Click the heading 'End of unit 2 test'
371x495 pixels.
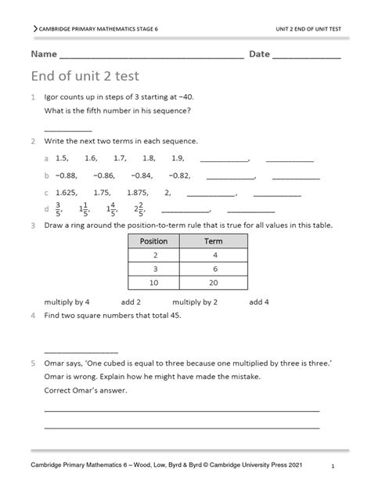[x=85, y=76]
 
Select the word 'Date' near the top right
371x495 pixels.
[x=259, y=54]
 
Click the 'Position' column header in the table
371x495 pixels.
[x=153, y=241]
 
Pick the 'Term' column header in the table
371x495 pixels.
[x=214, y=241]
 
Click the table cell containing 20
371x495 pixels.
[x=214, y=282]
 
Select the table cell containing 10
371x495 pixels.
[x=153, y=282]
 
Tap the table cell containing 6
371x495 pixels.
[x=214, y=269]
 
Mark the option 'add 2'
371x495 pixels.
[x=131, y=302]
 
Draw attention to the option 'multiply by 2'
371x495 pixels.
[x=195, y=302]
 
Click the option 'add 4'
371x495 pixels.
[x=259, y=302]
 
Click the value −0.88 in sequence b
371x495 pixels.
[x=67, y=175]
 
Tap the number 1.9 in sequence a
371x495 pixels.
[x=178, y=158]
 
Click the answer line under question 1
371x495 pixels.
[x=68, y=129]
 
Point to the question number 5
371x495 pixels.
[x=33, y=363]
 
